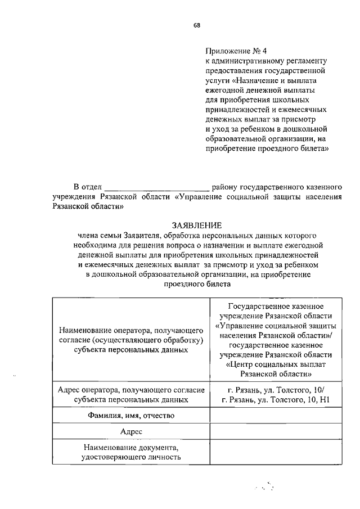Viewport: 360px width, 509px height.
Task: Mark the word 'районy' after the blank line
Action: [x=224, y=186]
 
